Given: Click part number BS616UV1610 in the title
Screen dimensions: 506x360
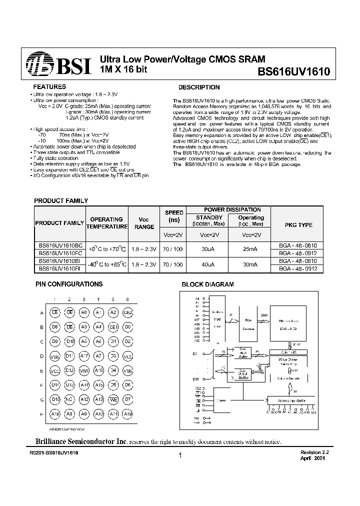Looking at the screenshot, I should pos(293,71).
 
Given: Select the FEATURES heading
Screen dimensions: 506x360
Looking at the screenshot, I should pos(49,86).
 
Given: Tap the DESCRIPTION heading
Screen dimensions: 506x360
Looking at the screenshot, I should pos(199,87).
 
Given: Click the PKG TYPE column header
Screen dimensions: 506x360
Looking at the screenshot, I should pos(298,225).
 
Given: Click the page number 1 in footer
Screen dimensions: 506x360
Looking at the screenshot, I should pos(179,455).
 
